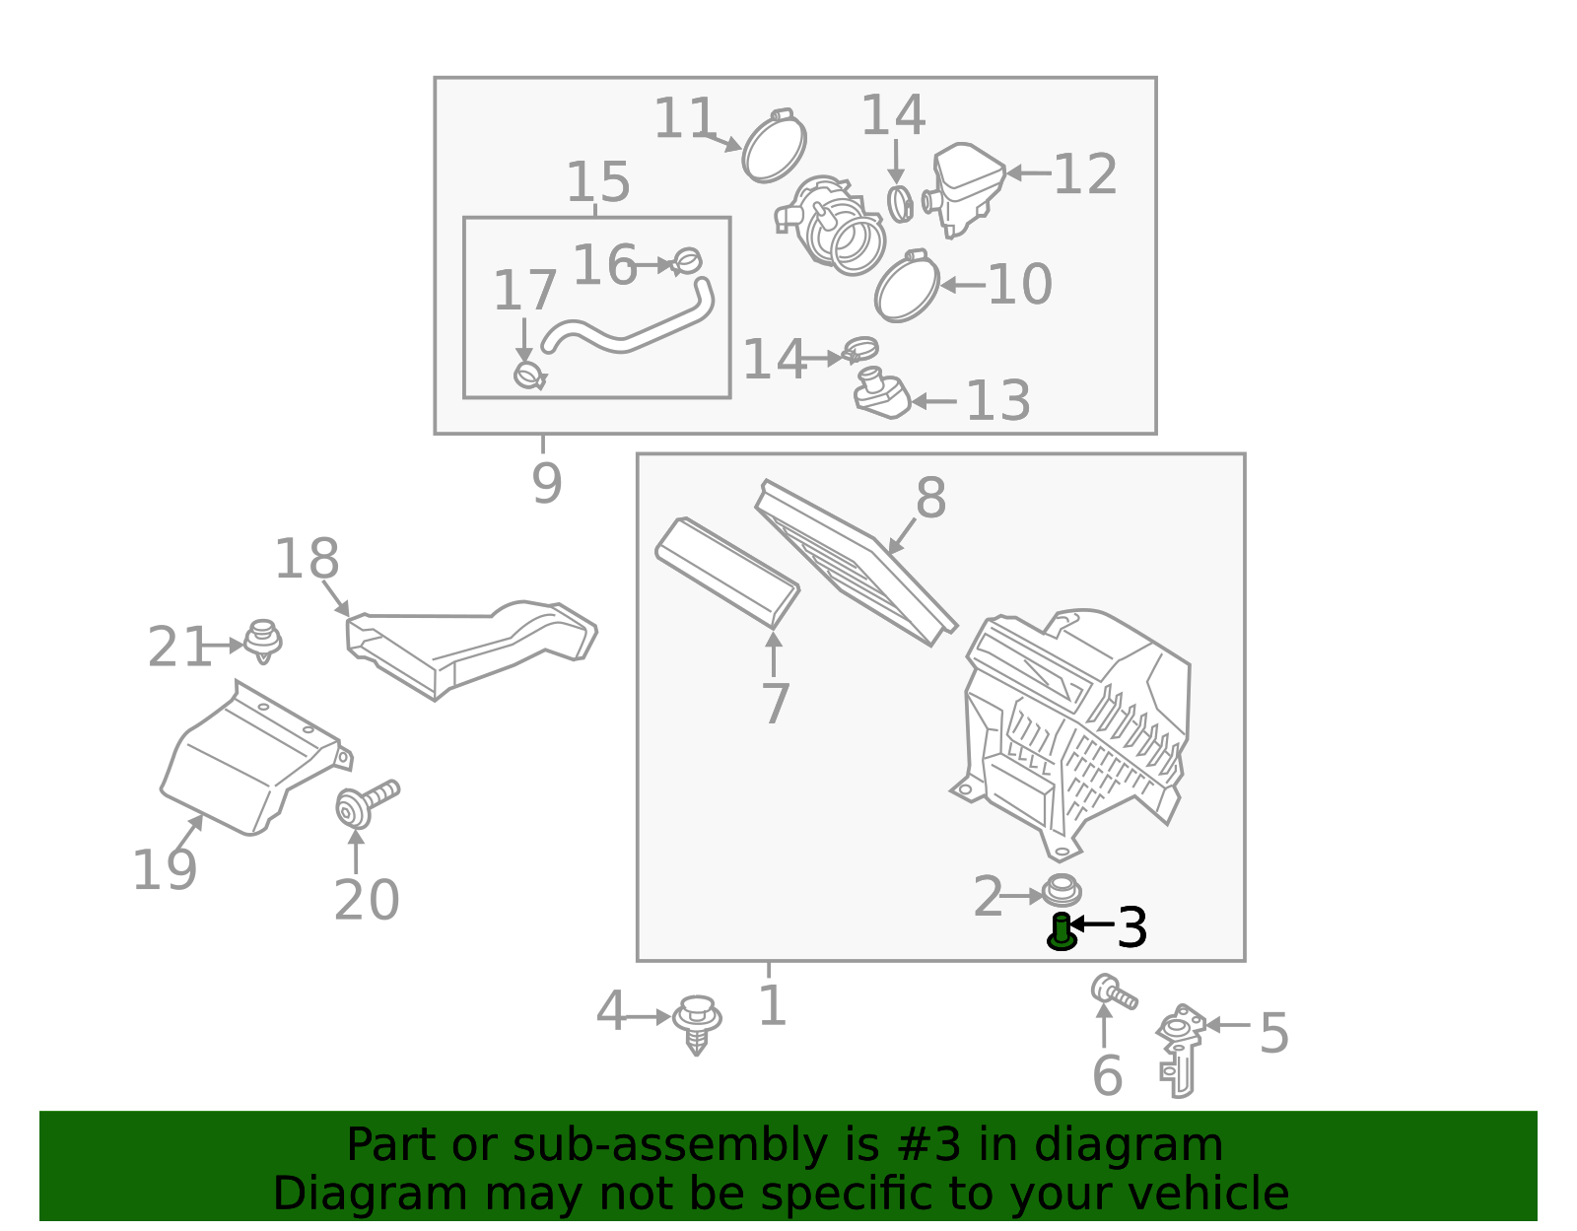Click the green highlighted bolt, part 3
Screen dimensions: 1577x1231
pos(1061,932)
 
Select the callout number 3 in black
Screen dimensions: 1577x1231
pos(1132,927)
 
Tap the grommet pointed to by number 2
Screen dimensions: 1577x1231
pos(1062,890)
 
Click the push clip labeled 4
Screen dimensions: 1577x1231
pos(697,1024)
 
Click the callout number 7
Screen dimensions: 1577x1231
pos(775,702)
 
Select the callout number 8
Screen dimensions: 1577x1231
pos(931,498)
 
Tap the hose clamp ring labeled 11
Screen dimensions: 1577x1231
pos(774,145)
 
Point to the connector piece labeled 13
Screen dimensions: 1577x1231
pos(882,392)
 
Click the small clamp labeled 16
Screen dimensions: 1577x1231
pos(687,261)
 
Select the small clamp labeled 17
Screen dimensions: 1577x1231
pos(530,376)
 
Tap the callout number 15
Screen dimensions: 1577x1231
pos(597,181)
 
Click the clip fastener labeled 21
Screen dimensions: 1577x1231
pos(263,641)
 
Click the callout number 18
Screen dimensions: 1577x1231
pos(307,559)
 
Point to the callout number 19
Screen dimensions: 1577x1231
pos(164,869)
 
